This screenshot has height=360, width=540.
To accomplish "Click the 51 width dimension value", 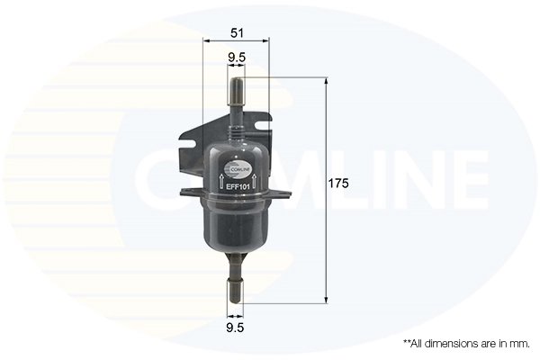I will click(x=237, y=33).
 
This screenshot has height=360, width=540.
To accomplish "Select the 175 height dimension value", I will click(x=338, y=183).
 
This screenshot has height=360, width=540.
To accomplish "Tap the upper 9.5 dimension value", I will click(x=237, y=59).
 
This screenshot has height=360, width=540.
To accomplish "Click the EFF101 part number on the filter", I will click(x=236, y=186).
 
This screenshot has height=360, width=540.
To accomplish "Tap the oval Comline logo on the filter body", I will click(x=237, y=165).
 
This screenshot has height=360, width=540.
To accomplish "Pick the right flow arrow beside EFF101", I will click(x=256, y=182).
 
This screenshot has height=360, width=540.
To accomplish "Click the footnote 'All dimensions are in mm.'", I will click(x=465, y=344).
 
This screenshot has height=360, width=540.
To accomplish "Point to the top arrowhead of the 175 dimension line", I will click(x=325, y=82).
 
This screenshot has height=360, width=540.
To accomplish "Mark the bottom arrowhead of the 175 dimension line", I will click(x=325, y=301).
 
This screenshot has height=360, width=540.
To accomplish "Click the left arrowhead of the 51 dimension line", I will click(x=207, y=42).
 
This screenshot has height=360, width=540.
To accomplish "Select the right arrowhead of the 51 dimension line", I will click(x=268, y=42).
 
